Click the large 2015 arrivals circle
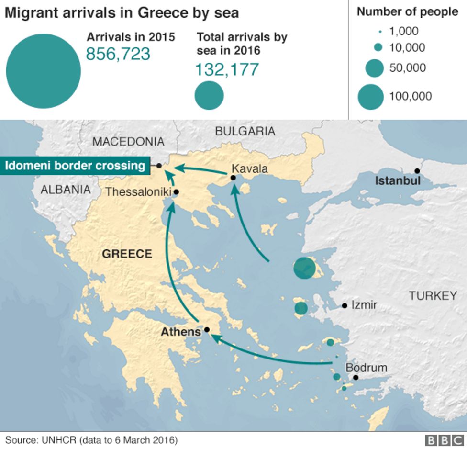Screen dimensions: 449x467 (x=43, y=71)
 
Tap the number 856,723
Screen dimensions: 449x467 (x=118, y=54)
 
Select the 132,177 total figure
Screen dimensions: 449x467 (x=226, y=69)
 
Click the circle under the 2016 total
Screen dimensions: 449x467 (x=209, y=95)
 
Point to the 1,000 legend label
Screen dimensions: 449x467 (x=404, y=32)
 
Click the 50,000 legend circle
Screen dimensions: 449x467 (x=374, y=68)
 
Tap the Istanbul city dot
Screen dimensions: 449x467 (x=417, y=171)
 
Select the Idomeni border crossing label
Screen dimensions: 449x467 (x=75, y=166)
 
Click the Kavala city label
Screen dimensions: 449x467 (x=249, y=169)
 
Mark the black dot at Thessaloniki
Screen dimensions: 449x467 (x=176, y=192)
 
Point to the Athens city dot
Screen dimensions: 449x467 (x=207, y=330)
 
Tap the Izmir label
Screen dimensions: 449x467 (x=364, y=305)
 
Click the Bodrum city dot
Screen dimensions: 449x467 (x=356, y=377)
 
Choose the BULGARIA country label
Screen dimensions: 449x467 (x=245, y=131)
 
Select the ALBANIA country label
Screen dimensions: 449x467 (x=66, y=190)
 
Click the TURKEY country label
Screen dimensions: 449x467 (x=433, y=296)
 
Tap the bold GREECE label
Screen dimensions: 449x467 (x=127, y=254)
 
